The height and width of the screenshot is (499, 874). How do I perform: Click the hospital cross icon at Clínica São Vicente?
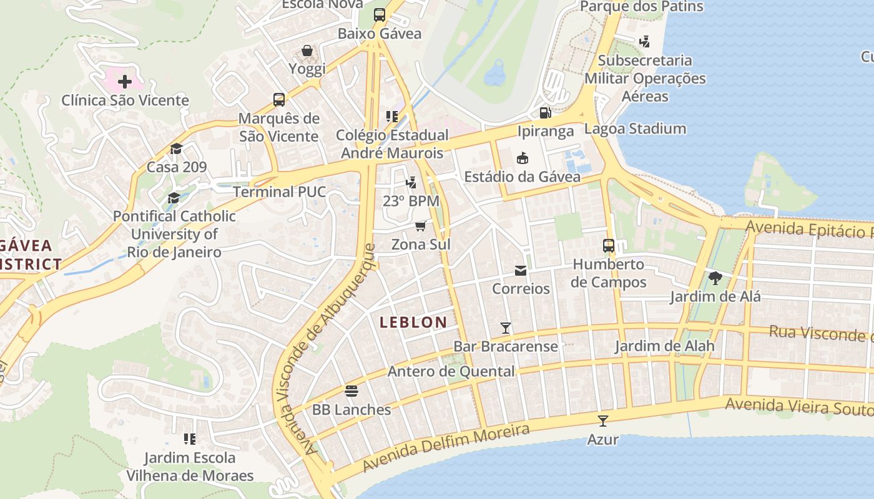[x=125, y=82]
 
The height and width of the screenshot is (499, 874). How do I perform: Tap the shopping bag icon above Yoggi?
[x=307, y=51]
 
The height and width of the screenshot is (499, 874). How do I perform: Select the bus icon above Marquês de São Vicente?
[x=279, y=100]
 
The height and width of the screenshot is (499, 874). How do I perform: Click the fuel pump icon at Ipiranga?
[x=545, y=113]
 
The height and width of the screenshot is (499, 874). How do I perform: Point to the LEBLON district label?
[x=413, y=322]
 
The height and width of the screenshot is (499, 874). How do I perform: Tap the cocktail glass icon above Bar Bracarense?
[x=506, y=327]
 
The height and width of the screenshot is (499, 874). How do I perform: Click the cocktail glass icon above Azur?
[x=603, y=421]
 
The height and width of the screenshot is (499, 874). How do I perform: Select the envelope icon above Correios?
[x=520, y=271]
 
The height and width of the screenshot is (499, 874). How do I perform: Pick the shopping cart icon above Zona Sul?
[x=421, y=226]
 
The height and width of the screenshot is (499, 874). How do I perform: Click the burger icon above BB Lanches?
[x=351, y=391]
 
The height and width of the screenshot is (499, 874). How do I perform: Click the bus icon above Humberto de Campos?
[x=609, y=246]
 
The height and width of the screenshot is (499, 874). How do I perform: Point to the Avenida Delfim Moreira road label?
[x=446, y=447]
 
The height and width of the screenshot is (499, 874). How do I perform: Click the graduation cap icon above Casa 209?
[x=176, y=148]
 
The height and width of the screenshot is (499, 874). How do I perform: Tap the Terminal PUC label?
[x=280, y=191]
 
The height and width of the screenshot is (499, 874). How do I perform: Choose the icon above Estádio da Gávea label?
[x=523, y=158]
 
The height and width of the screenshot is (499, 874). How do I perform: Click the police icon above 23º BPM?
[x=411, y=183]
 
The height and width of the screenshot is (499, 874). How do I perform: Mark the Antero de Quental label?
[x=451, y=372]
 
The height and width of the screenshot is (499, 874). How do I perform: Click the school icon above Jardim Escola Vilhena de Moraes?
[x=190, y=439]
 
